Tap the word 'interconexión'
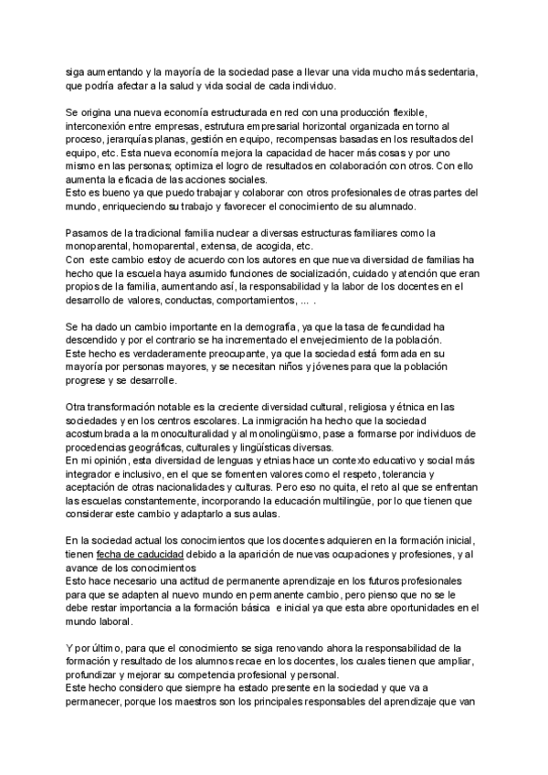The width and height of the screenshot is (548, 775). (98, 125)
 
